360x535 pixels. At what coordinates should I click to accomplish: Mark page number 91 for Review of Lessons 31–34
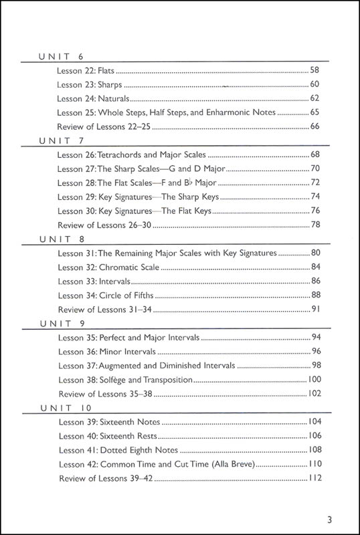317,310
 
